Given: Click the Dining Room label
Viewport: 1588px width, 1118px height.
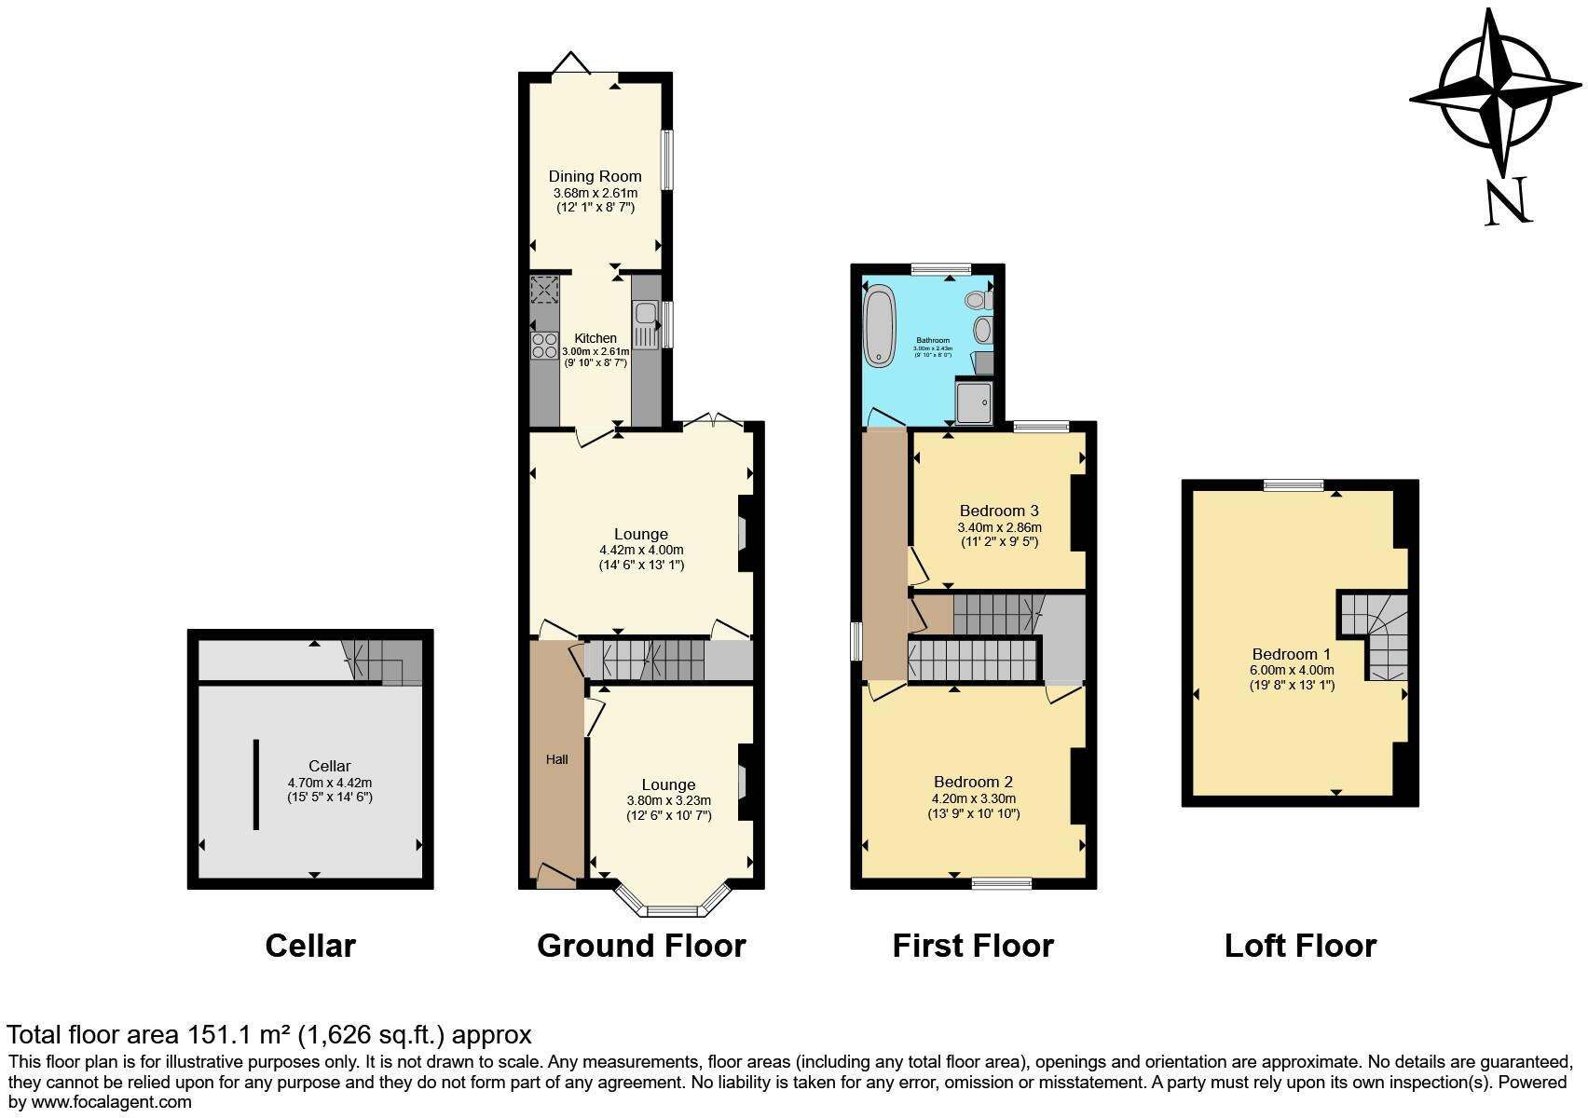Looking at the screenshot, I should (x=595, y=176).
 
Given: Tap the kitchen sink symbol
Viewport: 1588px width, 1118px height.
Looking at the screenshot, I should (x=645, y=324).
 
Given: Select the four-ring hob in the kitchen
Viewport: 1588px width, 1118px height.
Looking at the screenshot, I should (x=544, y=345).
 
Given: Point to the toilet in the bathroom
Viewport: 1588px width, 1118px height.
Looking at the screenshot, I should (x=978, y=300).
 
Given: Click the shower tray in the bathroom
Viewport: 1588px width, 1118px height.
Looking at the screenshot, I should (x=975, y=400).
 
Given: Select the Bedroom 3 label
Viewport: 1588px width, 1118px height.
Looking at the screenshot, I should (x=999, y=511).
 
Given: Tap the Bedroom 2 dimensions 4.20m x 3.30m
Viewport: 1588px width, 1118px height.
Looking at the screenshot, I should (x=973, y=798).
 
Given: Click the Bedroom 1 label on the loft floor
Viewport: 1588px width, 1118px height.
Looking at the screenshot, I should (x=1291, y=654).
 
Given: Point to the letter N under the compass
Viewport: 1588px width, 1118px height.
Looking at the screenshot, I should (x=1507, y=201).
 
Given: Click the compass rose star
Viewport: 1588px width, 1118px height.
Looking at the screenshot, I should (x=1495, y=93).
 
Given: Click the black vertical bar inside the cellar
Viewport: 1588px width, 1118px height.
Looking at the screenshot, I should (x=255, y=784).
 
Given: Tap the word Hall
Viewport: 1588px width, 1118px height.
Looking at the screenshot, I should (x=556, y=759).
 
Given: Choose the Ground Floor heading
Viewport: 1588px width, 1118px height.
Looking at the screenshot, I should (x=641, y=946).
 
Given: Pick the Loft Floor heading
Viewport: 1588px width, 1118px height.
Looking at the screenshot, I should (x=1300, y=946).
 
